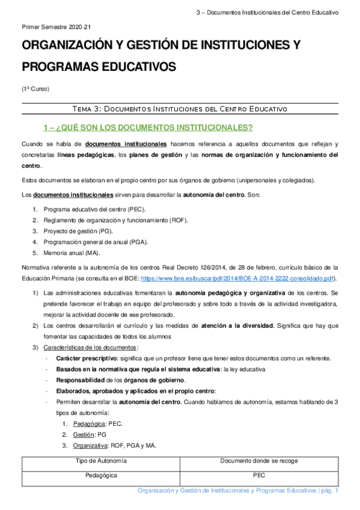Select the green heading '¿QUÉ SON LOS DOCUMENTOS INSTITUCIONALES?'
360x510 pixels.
[x=148, y=127]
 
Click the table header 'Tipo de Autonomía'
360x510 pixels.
[x=101, y=461]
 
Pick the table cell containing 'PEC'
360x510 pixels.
[x=259, y=475]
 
